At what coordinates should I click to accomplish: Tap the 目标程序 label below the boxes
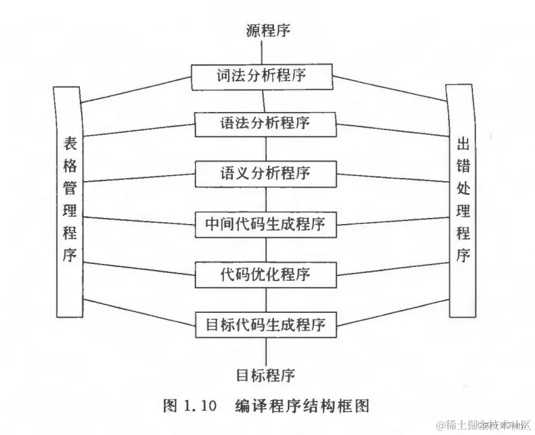(265, 376)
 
